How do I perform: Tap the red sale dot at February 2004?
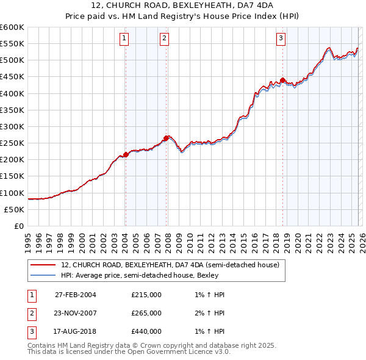point(126,154)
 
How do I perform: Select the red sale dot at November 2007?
point(166,138)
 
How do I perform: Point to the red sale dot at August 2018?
point(282,80)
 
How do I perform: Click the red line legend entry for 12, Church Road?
point(170,265)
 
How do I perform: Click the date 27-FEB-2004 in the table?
point(76,295)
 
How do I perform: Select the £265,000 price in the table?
point(146,313)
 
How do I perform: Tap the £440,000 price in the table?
point(146,331)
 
